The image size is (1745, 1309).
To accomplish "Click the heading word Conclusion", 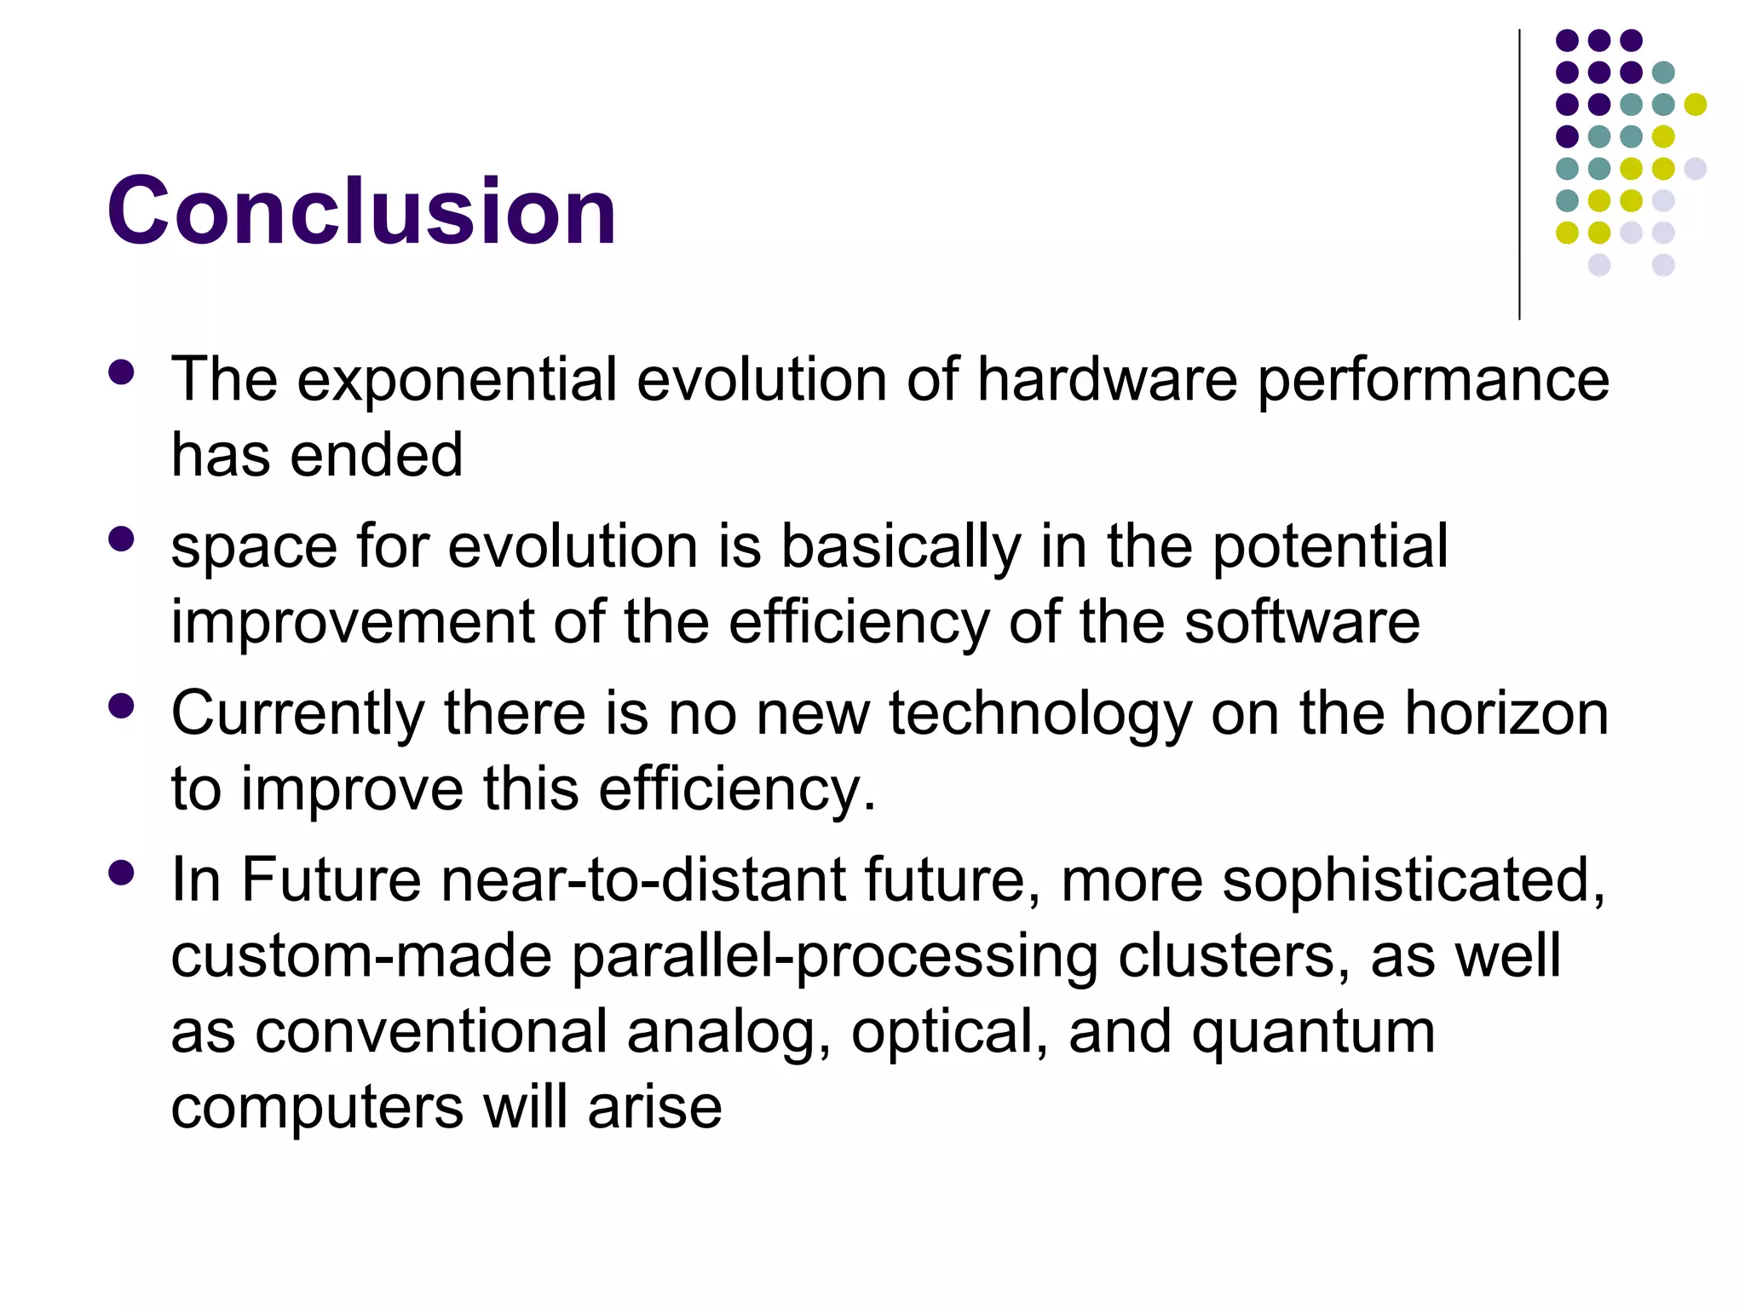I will coord(361,211).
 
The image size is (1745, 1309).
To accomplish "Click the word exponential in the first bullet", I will coord(456,380).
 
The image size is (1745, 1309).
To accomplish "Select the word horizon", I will coord(1506,713).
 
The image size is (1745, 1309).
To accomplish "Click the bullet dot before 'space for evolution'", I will coord(122,539).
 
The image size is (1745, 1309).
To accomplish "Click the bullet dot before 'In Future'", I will coord(122,873).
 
